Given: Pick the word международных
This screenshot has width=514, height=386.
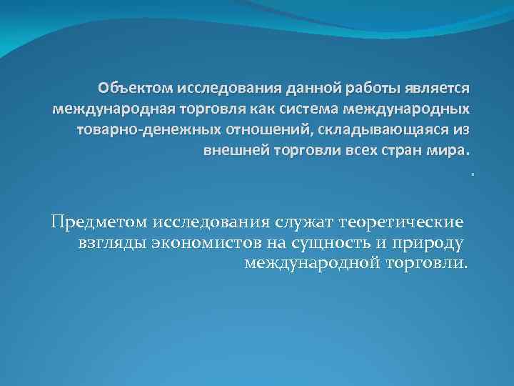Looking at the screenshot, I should [x=407, y=110].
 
